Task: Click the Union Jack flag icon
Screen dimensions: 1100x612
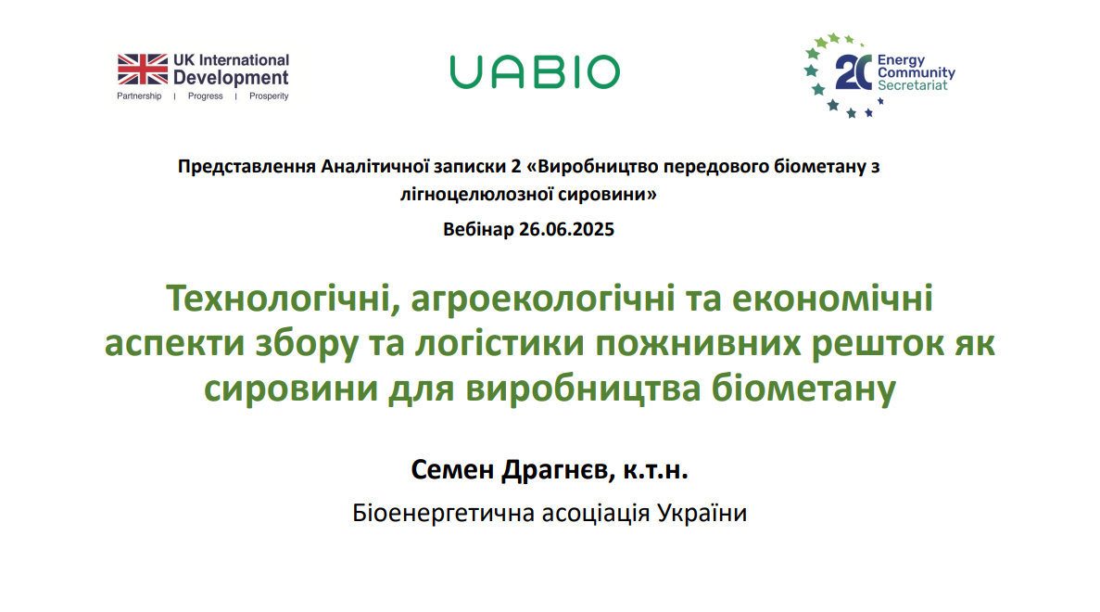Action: click(x=143, y=70)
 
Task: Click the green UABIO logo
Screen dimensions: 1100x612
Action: click(x=535, y=72)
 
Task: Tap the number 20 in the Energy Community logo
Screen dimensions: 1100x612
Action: click(x=853, y=72)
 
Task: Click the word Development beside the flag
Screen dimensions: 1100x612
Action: click(x=231, y=77)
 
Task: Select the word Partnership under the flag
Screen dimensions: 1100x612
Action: click(x=139, y=96)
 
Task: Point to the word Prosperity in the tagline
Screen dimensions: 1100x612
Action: click(x=269, y=96)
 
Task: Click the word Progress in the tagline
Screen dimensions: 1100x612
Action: click(x=205, y=96)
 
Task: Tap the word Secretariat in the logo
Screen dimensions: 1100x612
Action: click(x=912, y=85)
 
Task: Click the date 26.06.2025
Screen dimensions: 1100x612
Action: click(x=567, y=230)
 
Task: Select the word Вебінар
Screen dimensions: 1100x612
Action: click(x=478, y=230)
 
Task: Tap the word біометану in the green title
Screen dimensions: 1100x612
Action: click(x=804, y=389)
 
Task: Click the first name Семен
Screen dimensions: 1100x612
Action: click(x=452, y=469)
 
